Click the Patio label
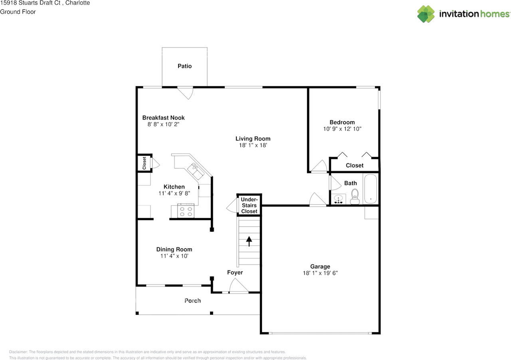[184, 66]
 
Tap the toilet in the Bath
[355, 197]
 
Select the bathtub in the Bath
[371, 189]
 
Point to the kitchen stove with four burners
[186, 211]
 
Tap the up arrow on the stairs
[249, 241]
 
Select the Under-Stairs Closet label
[249, 205]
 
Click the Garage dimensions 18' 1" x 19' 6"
[320, 273]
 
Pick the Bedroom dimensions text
[342, 129]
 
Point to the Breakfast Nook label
[163, 117]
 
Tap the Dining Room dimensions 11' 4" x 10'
[174, 256]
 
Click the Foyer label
[235, 272]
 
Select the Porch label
[192, 300]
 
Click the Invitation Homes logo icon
[426, 14]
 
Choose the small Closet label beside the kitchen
[144, 163]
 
